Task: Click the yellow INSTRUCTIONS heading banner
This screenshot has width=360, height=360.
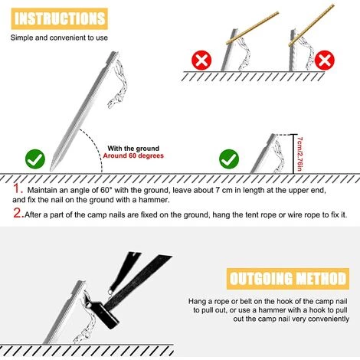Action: tap(60, 18)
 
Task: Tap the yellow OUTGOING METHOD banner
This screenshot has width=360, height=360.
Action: tap(288, 279)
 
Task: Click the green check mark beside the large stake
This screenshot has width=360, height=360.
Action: tap(35, 159)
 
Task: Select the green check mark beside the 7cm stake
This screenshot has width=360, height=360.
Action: tap(229, 159)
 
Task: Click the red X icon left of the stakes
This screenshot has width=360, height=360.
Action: tap(201, 61)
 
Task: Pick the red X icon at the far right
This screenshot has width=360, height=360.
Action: tap(325, 61)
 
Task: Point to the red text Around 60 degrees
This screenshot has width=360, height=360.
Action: tap(133, 155)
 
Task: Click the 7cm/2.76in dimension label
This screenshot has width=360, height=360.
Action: tap(300, 154)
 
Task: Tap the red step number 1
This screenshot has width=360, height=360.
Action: tap(18, 189)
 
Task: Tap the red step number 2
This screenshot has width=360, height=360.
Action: tap(18, 213)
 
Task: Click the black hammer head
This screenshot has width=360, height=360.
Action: tap(104, 313)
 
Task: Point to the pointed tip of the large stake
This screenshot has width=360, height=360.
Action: tap(51, 169)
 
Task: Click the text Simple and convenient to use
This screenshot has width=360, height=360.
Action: tap(59, 38)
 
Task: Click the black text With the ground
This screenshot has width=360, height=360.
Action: tap(133, 149)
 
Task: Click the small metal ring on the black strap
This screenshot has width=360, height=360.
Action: tap(110, 293)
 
